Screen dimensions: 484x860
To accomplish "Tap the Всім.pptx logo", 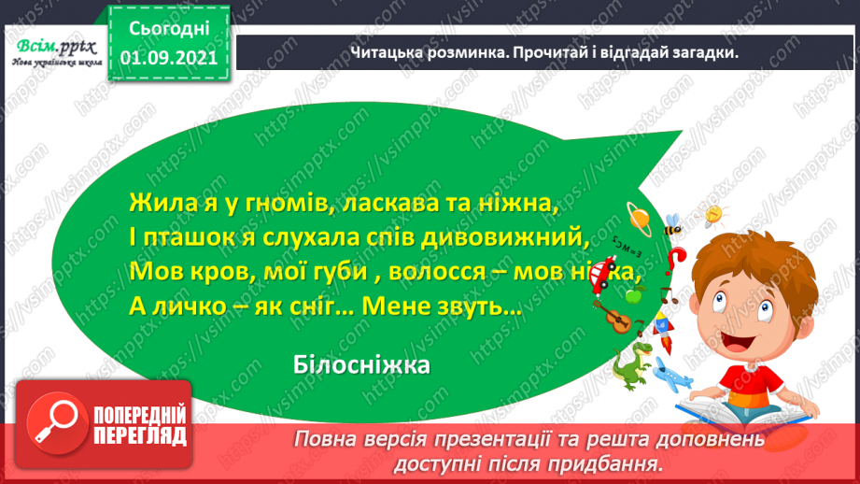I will (x=55, y=46).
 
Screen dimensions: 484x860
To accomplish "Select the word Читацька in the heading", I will (x=393, y=52).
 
